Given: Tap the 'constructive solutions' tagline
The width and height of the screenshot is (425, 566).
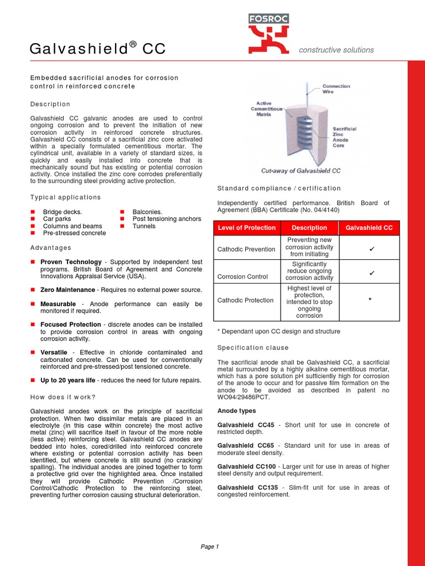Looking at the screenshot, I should pos(336,50).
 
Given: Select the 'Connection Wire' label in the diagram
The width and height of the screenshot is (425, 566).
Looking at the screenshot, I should pos(336,89).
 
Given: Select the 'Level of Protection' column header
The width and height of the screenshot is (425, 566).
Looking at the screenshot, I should pos(247,228).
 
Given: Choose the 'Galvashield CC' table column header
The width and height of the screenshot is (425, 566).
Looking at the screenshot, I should pos(369,228).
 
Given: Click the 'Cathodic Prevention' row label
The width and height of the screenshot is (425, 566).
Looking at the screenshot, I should pos(246,249).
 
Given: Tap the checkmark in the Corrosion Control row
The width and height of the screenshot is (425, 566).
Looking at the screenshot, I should pos(372,273).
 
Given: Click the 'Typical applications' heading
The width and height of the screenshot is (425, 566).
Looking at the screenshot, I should pos(65,197).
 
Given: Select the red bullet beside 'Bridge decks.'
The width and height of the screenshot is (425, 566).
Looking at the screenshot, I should pos(33,212).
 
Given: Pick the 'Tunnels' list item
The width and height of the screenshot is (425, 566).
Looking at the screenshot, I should pos(144,226).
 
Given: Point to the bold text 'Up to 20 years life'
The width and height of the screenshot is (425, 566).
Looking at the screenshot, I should pos(68,380).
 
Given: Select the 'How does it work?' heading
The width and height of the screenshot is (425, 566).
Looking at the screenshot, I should pos(63,397).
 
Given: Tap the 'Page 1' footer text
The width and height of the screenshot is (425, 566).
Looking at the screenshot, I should pos(210,547).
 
